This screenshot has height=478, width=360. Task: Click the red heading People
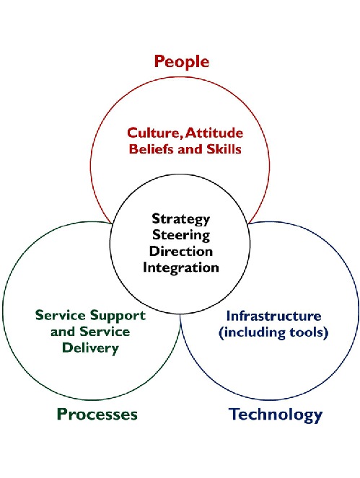(182, 61)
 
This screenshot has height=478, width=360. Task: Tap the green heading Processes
(97, 414)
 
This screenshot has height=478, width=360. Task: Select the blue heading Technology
(276, 415)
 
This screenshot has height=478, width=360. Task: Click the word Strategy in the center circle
(181, 219)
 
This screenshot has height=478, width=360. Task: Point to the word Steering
(181, 235)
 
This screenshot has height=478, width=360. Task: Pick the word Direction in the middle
(181, 251)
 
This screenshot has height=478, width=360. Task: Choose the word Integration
(181, 267)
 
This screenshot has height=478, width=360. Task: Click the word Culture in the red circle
(154, 133)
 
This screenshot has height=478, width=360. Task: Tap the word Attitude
(215, 133)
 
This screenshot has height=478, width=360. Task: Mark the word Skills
(224, 149)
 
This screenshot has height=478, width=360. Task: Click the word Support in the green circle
(118, 316)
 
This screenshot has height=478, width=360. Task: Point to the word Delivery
(90, 348)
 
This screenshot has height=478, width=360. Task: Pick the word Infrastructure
(273, 316)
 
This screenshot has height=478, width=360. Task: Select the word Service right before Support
(61, 315)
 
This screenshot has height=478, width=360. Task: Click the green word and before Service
(63, 332)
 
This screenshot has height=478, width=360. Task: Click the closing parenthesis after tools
(326, 332)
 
